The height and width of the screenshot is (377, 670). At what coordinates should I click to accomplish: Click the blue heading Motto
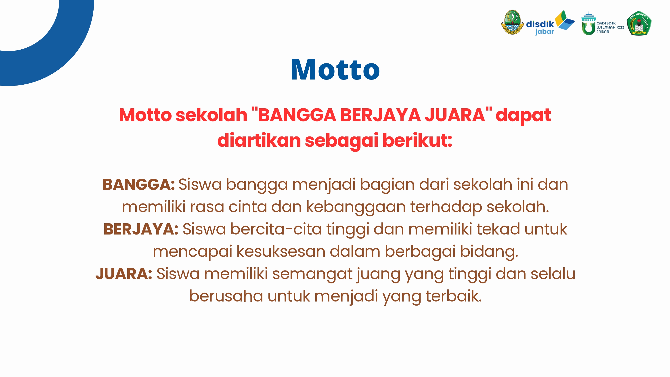point(335,69)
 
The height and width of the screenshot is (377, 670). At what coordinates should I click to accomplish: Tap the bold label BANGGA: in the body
point(139,184)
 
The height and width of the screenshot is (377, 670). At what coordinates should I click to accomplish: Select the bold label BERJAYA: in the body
point(141,229)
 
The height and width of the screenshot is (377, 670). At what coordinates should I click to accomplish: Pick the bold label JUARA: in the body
point(124,274)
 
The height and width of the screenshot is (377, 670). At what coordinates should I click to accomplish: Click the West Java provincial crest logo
point(512,22)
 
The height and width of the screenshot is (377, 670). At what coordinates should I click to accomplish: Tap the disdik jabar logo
point(550,23)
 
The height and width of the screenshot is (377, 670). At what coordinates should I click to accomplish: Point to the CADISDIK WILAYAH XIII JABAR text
point(610,27)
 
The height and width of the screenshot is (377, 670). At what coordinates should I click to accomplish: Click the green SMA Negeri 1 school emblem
point(639,23)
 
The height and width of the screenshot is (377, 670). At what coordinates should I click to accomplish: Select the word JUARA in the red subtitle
point(455,115)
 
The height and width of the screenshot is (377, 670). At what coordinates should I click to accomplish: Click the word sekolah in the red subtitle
point(211,115)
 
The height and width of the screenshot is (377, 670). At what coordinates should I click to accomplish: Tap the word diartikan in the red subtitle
point(259,140)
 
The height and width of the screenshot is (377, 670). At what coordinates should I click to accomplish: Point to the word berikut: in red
point(417,140)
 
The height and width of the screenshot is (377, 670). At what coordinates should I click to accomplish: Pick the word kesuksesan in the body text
point(281,251)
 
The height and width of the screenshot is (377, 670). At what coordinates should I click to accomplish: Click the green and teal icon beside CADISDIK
point(588,23)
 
